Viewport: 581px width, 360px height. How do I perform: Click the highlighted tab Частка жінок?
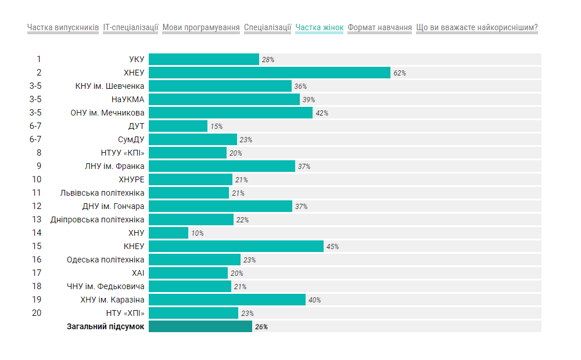pos(320,27)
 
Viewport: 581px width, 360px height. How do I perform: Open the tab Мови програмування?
pos(201,27)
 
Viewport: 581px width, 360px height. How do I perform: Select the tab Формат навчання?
pos(380,27)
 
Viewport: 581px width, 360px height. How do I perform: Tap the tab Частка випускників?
pos(63,27)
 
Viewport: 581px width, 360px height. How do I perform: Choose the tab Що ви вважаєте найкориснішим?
pos(477,27)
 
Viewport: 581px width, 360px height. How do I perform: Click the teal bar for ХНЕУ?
pos(269,73)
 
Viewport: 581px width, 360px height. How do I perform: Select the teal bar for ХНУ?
pos(168,233)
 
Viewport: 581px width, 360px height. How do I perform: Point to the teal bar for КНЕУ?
pos(236,246)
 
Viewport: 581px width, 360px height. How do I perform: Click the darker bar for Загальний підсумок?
pos(200,326)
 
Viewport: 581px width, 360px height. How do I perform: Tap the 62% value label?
pos(399,73)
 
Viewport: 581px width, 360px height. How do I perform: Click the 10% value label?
pos(197,233)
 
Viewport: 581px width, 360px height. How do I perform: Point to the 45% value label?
pos(332,247)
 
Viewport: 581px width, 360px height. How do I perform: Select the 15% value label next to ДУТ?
pos(216,127)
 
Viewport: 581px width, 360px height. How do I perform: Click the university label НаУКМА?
pos(128,99)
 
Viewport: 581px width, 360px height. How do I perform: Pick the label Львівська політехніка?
pos(102,193)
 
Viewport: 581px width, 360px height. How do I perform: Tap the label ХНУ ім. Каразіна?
pos(112,300)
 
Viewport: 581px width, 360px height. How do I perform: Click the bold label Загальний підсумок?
pos(106,326)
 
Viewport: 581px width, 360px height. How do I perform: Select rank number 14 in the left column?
pos(37,233)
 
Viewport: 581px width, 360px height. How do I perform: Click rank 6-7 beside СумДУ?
pos(35,139)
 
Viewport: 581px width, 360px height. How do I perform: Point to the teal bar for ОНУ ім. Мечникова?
pos(231,113)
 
